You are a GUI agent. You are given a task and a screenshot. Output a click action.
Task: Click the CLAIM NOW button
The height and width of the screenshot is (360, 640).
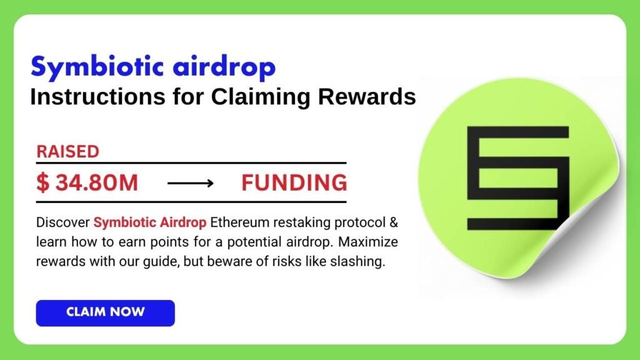pos(105,312)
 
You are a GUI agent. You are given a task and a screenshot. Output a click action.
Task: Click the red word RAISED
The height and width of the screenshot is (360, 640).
pos(67,152)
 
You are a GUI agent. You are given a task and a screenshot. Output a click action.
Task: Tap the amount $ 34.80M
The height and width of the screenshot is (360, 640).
pos(87,183)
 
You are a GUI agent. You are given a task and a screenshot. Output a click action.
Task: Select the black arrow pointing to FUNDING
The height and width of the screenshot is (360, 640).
pos(191,184)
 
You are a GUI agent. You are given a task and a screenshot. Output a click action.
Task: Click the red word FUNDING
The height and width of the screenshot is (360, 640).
pos(294,183)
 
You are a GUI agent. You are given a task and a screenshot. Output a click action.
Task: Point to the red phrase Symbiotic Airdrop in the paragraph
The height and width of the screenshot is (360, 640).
pos(150,222)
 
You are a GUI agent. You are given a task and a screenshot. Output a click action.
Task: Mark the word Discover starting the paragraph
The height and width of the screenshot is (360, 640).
pos(63,222)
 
